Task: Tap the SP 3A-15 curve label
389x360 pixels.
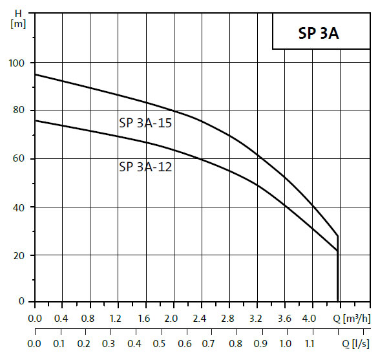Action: pos(145,123)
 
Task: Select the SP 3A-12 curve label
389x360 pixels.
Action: pos(145,166)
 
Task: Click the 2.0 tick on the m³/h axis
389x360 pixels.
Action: pos(171,318)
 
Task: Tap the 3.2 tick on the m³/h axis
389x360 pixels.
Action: pos(254,318)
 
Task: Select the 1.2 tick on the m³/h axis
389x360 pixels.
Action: pos(116,318)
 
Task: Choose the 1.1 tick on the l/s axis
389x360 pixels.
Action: pos(310,343)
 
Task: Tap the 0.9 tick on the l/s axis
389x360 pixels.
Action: pos(260,343)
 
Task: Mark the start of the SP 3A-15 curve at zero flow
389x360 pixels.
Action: pos(35,74)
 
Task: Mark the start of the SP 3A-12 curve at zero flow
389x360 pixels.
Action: pos(35,120)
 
